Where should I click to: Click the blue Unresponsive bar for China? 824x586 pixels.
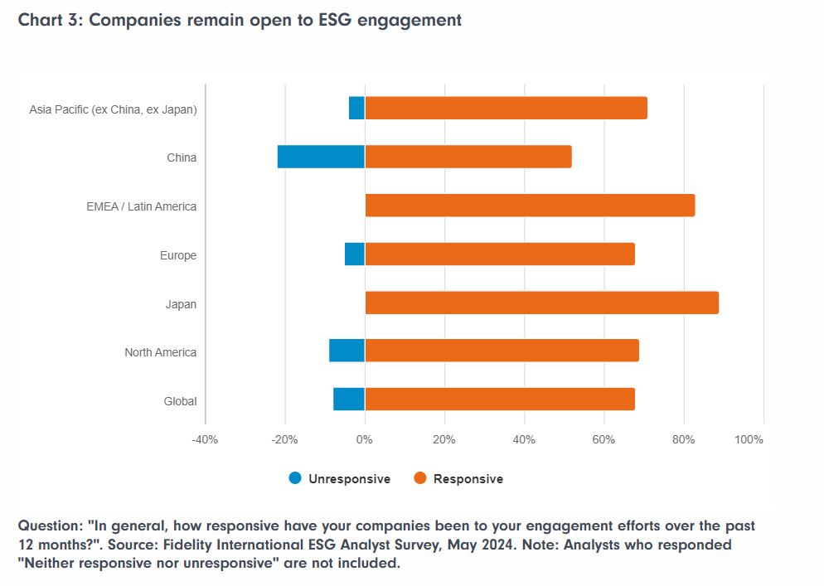[321, 157]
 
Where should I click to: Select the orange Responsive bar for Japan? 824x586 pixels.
[541, 303]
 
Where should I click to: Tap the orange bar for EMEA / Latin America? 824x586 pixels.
[530, 206]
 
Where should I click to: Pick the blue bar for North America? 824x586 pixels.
[347, 351]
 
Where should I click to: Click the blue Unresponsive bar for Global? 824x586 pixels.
[349, 400]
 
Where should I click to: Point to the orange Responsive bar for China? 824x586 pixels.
[468, 157]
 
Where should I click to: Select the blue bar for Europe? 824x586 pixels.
[355, 254]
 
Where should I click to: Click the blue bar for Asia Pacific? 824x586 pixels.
[356, 109]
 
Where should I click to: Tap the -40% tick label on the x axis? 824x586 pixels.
[205, 439]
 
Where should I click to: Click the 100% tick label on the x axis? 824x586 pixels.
[749, 439]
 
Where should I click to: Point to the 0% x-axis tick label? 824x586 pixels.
[365, 439]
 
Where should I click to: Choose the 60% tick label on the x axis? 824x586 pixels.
[603, 439]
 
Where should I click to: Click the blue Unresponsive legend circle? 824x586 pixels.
[295, 478]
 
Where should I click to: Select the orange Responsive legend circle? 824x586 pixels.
[419, 478]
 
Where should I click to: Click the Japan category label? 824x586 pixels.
[181, 304]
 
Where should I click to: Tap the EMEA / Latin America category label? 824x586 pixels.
[141, 206]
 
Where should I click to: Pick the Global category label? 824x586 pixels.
[180, 401]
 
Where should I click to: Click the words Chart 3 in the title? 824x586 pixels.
[48, 21]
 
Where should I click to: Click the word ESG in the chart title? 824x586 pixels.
[329, 21]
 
